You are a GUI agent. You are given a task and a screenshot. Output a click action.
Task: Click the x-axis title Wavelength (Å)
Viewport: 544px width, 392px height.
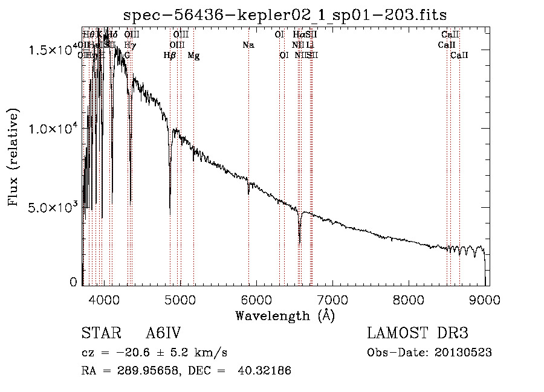(x=285, y=315)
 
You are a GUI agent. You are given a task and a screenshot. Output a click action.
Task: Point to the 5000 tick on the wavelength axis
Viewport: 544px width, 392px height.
(x=180, y=298)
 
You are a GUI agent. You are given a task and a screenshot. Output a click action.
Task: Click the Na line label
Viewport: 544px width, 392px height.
(x=248, y=45)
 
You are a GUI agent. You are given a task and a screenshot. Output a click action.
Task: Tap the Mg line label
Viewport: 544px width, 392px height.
(x=193, y=55)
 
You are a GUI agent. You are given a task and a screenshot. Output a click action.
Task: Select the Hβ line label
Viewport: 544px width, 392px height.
(x=170, y=55)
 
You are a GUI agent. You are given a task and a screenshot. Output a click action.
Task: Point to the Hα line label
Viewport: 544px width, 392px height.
(x=299, y=34)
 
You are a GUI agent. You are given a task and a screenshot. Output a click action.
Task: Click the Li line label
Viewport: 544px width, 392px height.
(x=309, y=45)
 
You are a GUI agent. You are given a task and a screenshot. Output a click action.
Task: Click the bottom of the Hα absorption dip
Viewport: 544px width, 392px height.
(x=300, y=243)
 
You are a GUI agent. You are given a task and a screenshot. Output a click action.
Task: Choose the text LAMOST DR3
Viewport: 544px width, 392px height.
(x=418, y=334)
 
